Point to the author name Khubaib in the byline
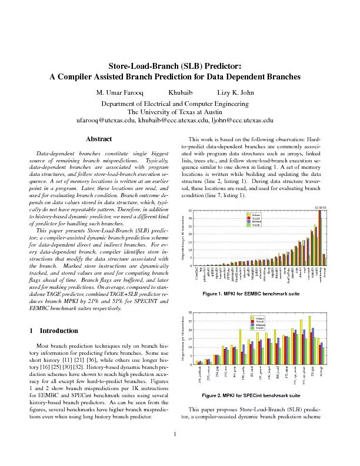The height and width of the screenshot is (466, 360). tap(180, 93)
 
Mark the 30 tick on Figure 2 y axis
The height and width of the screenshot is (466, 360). tap(191, 312)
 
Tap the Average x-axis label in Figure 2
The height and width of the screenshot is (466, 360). tap(324, 372)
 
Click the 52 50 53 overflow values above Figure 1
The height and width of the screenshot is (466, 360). tap(321, 207)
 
